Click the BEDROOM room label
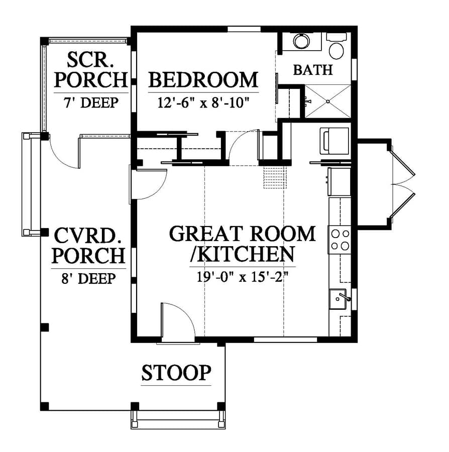coord(203,80)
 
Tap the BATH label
coord(313,70)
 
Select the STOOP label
coord(176,373)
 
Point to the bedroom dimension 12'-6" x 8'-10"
coord(203,102)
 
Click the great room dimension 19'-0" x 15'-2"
coord(243,277)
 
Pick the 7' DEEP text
coord(91,102)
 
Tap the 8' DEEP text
coord(88,278)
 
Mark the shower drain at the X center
coord(328,101)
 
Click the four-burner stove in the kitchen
coord(340,240)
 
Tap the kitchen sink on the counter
coord(338,299)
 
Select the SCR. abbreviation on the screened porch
coord(90,60)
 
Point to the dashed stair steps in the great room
coord(275,177)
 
